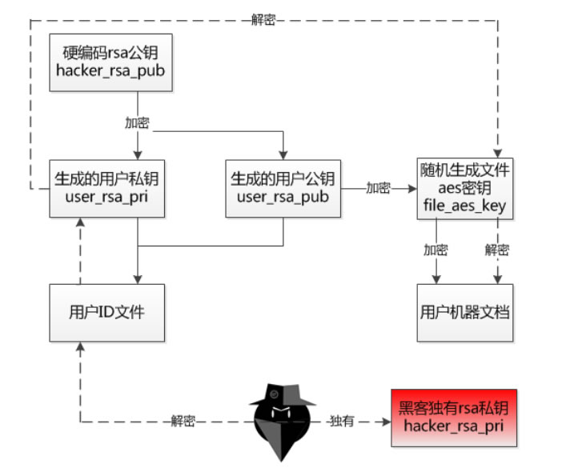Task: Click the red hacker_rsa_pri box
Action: tap(454, 418)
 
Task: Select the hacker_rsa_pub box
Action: tap(111, 62)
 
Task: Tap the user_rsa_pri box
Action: tap(107, 189)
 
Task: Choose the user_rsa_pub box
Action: tap(283, 189)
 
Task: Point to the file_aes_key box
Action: tap(465, 189)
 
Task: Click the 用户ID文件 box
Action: tap(107, 313)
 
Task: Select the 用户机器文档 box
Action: tap(465, 313)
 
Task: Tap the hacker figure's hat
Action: tap(283, 394)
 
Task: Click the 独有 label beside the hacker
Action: tap(342, 421)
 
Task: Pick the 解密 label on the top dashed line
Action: tap(263, 19)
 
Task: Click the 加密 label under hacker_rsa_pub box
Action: tap(137, 123)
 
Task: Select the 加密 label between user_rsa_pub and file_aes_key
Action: tap(378, 188)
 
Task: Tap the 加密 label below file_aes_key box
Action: tap(436, 250)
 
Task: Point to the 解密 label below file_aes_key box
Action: tap(497, 250)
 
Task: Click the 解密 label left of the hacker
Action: tap(183, 421)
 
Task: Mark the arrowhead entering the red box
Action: tap(387, 422)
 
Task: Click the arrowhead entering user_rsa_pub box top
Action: tap(283, 155)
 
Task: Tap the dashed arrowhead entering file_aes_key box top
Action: tap(497, 154)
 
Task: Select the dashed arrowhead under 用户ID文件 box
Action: tap(81, 346)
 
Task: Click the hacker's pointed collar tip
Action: tap(281, 460)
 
